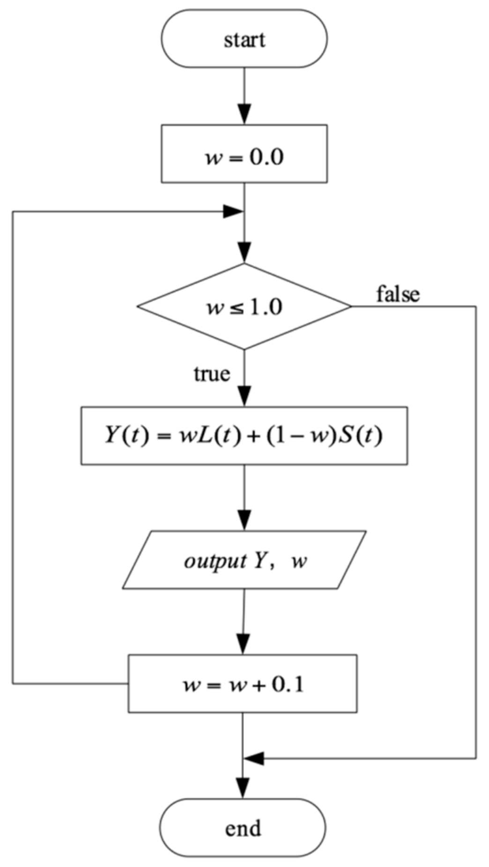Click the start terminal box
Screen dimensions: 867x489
(x=244, y=39)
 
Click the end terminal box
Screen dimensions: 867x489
(x=243, y=828)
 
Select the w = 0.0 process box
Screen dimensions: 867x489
(x=244, y=154)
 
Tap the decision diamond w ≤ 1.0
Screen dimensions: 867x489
(x=244, y=307)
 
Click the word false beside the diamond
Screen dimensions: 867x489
(x=398, y=294)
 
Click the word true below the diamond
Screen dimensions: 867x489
(x=212, y=374)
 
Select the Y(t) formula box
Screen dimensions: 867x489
(x=244, y=436)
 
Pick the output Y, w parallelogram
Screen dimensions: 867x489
(x=244, y=560)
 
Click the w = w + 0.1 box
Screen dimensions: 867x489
(x=243, y=684)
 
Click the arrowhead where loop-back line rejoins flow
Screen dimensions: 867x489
(x=233, y=212)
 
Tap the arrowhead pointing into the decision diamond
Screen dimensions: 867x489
(x=244, y=253)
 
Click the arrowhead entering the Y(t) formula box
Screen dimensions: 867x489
(x=244, y=396)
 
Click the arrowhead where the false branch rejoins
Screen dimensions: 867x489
(x=254, y=758)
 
